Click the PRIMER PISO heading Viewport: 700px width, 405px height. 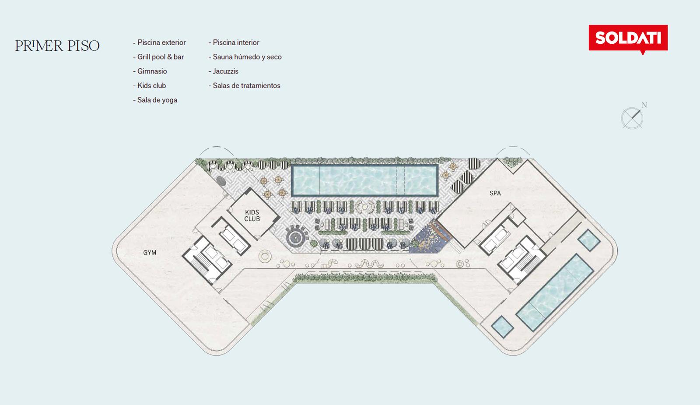coord(57,46)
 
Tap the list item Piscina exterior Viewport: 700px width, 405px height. coord(159,42)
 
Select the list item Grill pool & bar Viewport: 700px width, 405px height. coord(158,57)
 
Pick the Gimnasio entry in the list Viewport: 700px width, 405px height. coord(150,71)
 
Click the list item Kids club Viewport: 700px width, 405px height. coord(149,86)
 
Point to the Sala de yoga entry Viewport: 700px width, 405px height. coord(155,100)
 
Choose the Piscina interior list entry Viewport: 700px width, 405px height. coord(234,42)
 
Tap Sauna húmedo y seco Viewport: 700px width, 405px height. coord(245,57)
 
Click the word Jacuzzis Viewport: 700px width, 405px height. coord(224,71)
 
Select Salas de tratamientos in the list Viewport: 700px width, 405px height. coord(245,86)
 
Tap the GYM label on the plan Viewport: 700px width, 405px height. coord(150,253)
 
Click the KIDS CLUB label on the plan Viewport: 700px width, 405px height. coord(252,216)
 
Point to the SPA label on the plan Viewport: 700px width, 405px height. coord(495,193)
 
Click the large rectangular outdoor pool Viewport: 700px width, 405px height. coord(365,180)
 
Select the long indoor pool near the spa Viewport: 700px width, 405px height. coord(555,293)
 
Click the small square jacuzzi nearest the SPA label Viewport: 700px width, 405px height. coord(589,240)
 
